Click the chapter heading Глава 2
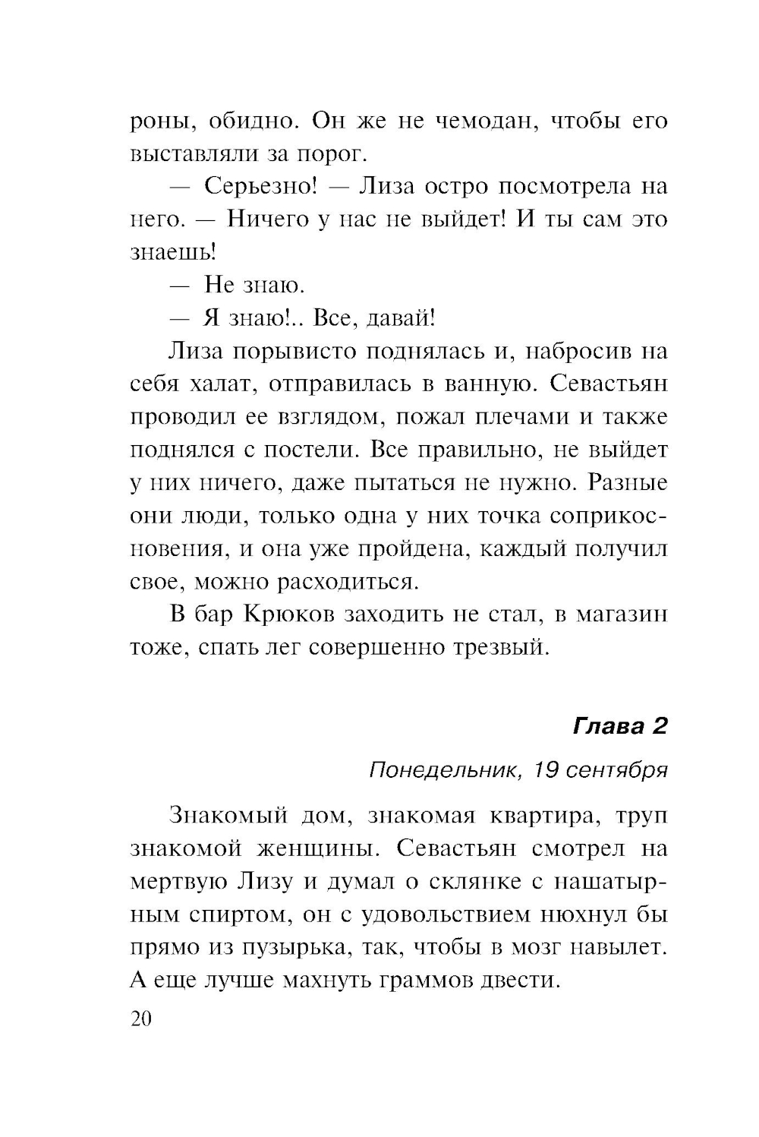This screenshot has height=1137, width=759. (x=620, y=726)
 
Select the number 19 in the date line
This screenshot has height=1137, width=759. (x=546, y=770)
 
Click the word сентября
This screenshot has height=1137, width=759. (x=617, y=770)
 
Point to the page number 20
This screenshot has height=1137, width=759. (x=142, y=1019)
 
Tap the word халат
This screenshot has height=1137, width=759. (x=222, y=384)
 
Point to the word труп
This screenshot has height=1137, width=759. (x=641, y=816)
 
